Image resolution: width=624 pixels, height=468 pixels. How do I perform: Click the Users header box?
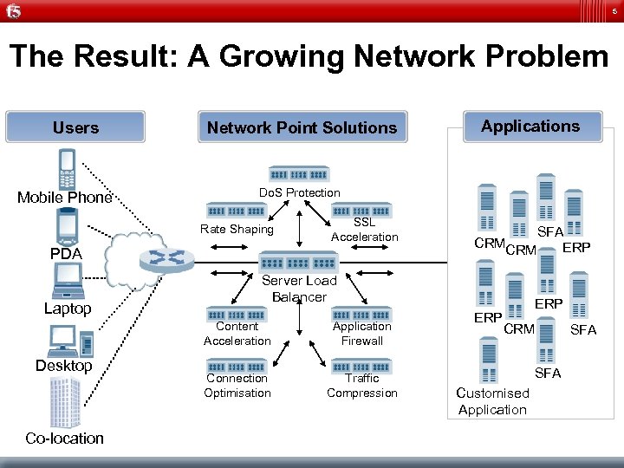tap(75, 127)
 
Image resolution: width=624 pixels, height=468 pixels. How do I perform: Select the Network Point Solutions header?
tap(302, 128)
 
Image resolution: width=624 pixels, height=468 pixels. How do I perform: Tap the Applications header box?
tap(530, 127)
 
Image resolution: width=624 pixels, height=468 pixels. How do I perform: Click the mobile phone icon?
tap(66, 168)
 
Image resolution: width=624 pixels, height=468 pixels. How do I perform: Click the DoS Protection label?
tap(300, 192)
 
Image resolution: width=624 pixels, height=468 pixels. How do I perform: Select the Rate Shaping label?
tap(237, 230)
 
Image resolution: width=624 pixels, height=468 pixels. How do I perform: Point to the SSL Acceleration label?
tap(365, 230)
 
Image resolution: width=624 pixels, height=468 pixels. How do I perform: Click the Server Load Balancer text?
tap(299, 289)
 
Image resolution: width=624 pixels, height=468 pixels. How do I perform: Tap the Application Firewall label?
tap(362, 334)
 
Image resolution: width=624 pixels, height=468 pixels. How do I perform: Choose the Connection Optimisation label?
tap(237, 386)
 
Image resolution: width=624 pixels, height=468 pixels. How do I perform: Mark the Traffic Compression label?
tap(362, 386)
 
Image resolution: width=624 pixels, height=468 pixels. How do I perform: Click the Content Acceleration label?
tap(237, 334)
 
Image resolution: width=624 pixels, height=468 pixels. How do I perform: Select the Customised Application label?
tap(492, 401)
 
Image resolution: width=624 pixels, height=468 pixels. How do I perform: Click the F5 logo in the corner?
tap(14, 11)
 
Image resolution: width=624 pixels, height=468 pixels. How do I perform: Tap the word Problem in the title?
tap(537, 57)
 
